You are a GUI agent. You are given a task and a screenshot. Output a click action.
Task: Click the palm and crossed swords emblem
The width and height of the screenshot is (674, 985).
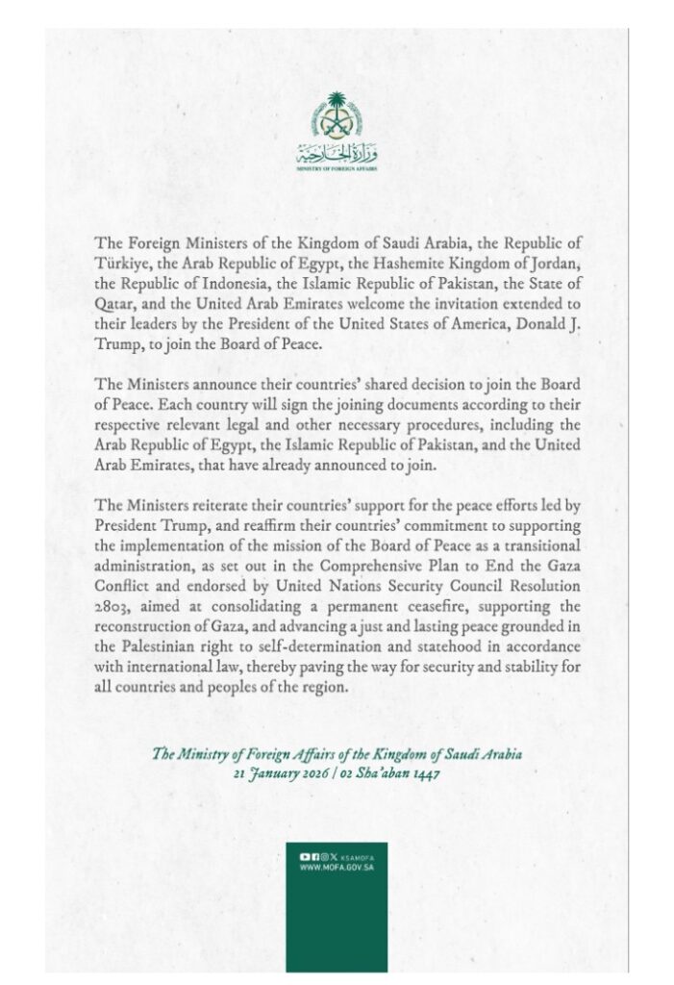(x=337, y=114)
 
